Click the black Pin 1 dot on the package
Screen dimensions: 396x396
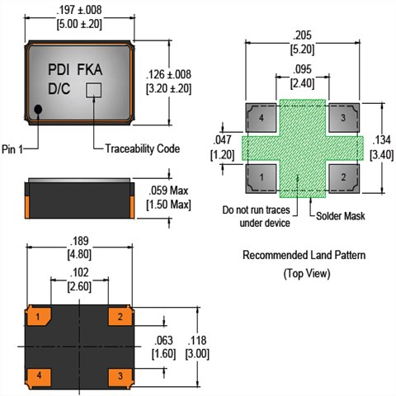38,110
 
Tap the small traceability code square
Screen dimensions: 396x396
94,90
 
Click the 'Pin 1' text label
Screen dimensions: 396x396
12,149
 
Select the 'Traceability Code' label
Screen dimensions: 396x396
143,148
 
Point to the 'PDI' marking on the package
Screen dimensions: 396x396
59,69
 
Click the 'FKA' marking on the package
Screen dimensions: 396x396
90,69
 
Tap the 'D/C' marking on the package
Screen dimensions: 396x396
59,89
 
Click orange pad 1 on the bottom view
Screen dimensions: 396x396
39,317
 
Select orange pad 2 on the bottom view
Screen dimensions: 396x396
120,317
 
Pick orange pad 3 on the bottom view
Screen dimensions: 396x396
120,376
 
